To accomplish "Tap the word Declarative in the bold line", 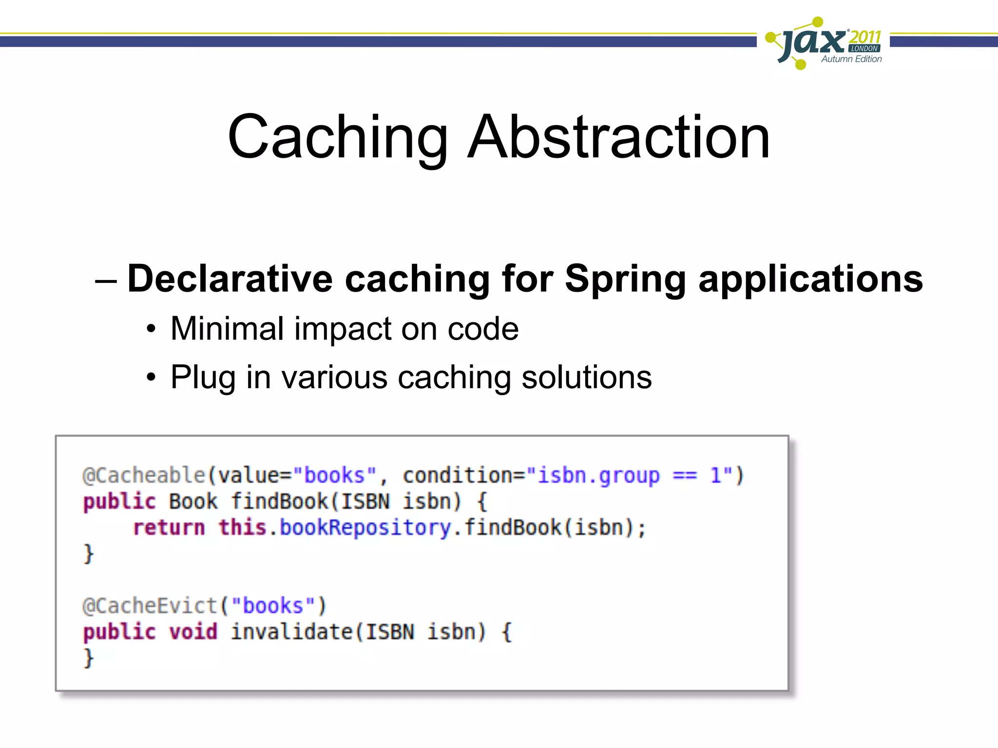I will click(x=230, y=279).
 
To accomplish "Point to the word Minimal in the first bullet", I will click(x=227, y=329).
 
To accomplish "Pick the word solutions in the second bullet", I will click(x=586, y=377).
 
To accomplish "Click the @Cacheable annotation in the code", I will click(x=144, y=475).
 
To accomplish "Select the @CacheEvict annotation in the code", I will click(x=150, y=606).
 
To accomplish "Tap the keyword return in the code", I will click(x=169, y=528).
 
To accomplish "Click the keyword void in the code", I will click(x=193, y=632).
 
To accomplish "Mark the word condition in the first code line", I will click(x=457, y=475).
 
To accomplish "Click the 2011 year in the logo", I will click(x=865, y=37).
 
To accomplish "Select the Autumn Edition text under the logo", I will click(x=851, y=59).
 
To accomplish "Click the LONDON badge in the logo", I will click(x=864, y=49).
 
